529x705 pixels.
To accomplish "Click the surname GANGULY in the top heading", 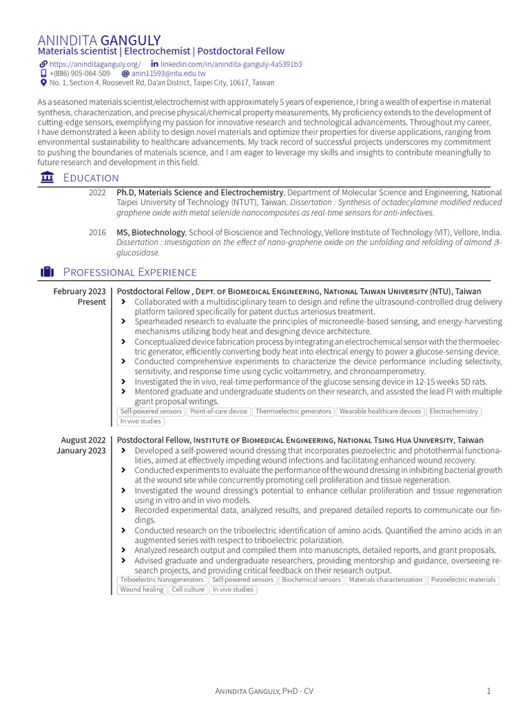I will [130, 40].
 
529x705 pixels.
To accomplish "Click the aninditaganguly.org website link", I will [94, 64].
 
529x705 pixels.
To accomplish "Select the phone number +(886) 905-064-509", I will [79, 73].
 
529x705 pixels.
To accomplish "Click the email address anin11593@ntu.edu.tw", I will [168, 73].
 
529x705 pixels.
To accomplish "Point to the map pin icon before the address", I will [43, 83].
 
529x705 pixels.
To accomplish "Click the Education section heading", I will [90, 178].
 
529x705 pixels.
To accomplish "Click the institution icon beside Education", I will [47, 178].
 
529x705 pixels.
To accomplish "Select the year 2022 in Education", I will [97, 193].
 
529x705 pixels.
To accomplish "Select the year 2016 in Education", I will [97, 233].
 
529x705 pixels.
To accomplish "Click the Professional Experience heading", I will [129, 272].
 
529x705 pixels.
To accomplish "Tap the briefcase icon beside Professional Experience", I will [47, 272].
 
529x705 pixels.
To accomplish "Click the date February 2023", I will [79, 291].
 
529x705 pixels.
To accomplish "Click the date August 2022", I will [83, 440].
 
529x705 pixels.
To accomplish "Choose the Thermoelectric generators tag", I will [293, 412].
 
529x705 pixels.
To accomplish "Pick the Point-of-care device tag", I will [218, 412].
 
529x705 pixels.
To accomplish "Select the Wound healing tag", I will [142, 590].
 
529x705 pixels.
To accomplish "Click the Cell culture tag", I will [189, 590].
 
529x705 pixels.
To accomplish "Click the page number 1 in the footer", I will [488, 691].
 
